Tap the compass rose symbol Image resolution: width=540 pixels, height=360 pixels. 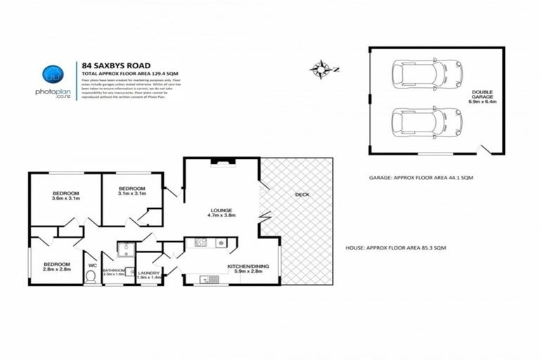point(322,68)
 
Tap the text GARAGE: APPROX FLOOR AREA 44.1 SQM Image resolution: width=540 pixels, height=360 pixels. point(421,178)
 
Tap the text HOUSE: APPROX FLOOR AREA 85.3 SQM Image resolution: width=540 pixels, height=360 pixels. point(396,248)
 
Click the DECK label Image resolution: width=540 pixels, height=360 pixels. point(302,195)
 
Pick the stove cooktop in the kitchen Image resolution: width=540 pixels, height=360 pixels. point(199,243)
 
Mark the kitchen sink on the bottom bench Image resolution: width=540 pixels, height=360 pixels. point(210,279)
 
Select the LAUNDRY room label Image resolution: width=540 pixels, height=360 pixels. point(148,275)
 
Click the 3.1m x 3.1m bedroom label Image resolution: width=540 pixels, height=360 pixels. point(131,191)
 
